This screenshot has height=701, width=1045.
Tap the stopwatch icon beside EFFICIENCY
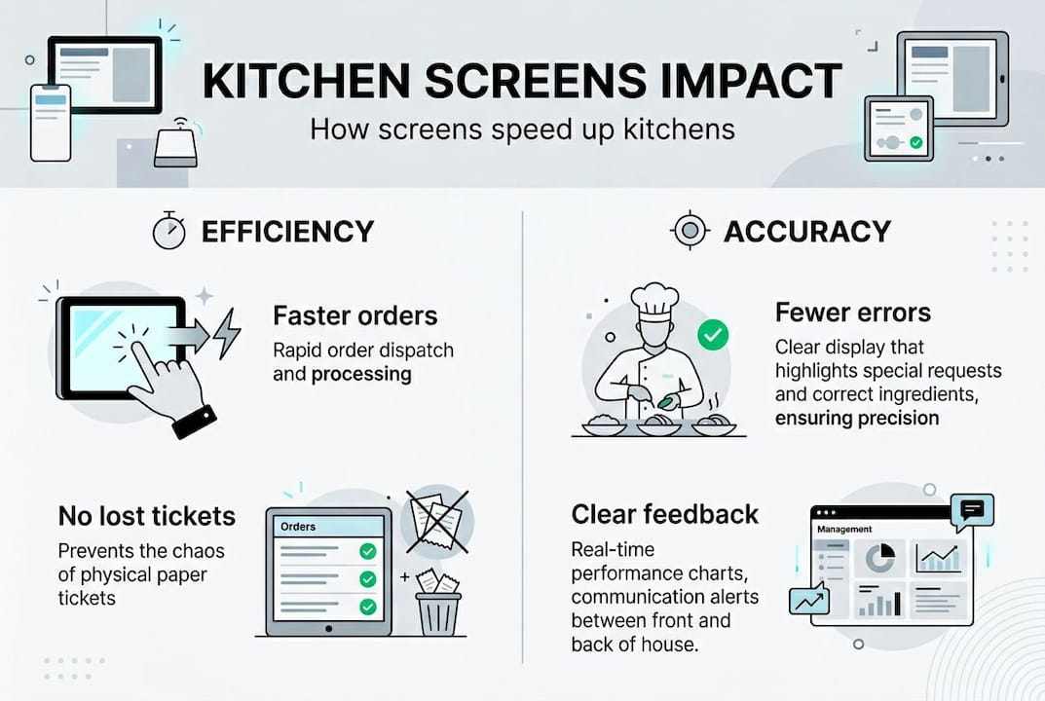tap(168, 231)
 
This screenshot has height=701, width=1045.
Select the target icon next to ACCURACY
tap(690, 231)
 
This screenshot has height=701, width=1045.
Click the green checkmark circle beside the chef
tap(713, 337)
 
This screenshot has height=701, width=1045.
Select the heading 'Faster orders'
tap(355, 315)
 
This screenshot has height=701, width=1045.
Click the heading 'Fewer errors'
tap(852, 313)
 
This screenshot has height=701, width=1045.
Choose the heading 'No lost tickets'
tap(147, 515)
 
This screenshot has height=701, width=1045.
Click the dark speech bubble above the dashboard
tap(974, 509)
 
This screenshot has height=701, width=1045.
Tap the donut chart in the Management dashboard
tap(880, 559)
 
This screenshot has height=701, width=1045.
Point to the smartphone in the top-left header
tap(51, 122)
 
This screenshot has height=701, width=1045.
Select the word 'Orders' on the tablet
tap(298, 527)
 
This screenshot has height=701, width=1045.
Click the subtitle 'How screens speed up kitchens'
tap(522, 129)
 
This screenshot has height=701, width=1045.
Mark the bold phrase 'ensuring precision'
tap(857, 418)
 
